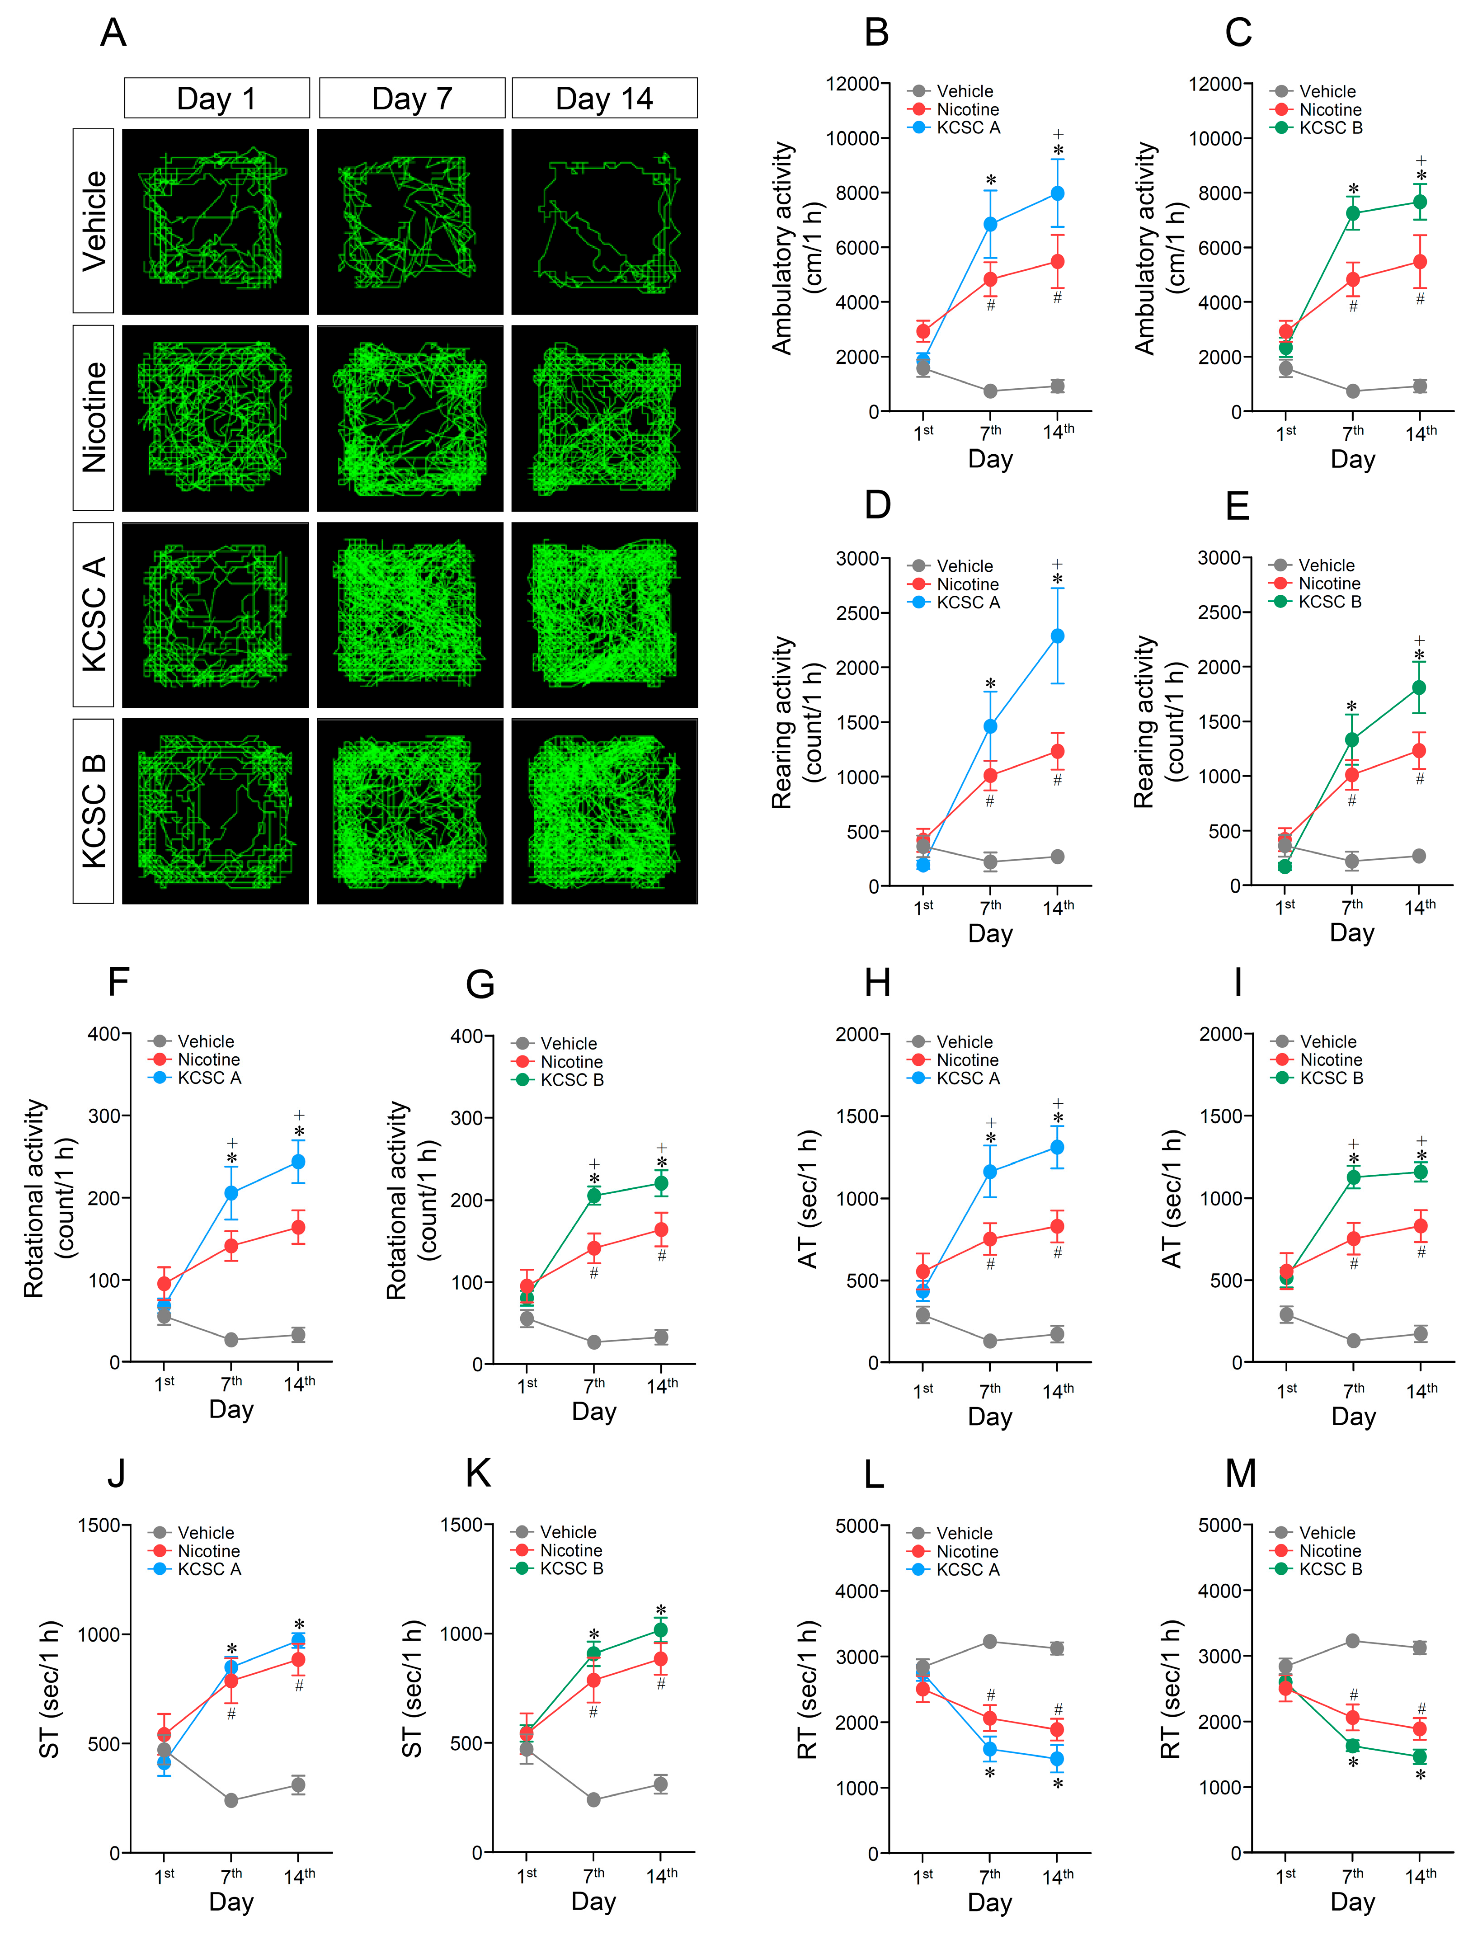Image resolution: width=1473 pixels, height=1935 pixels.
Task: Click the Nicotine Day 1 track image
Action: (216, 418)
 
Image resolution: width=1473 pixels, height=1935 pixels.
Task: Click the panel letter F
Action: (118, 982)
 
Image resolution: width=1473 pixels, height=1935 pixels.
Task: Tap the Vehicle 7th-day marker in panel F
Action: (231, 1340)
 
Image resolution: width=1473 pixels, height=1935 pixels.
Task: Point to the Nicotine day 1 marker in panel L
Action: (922, 1689)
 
